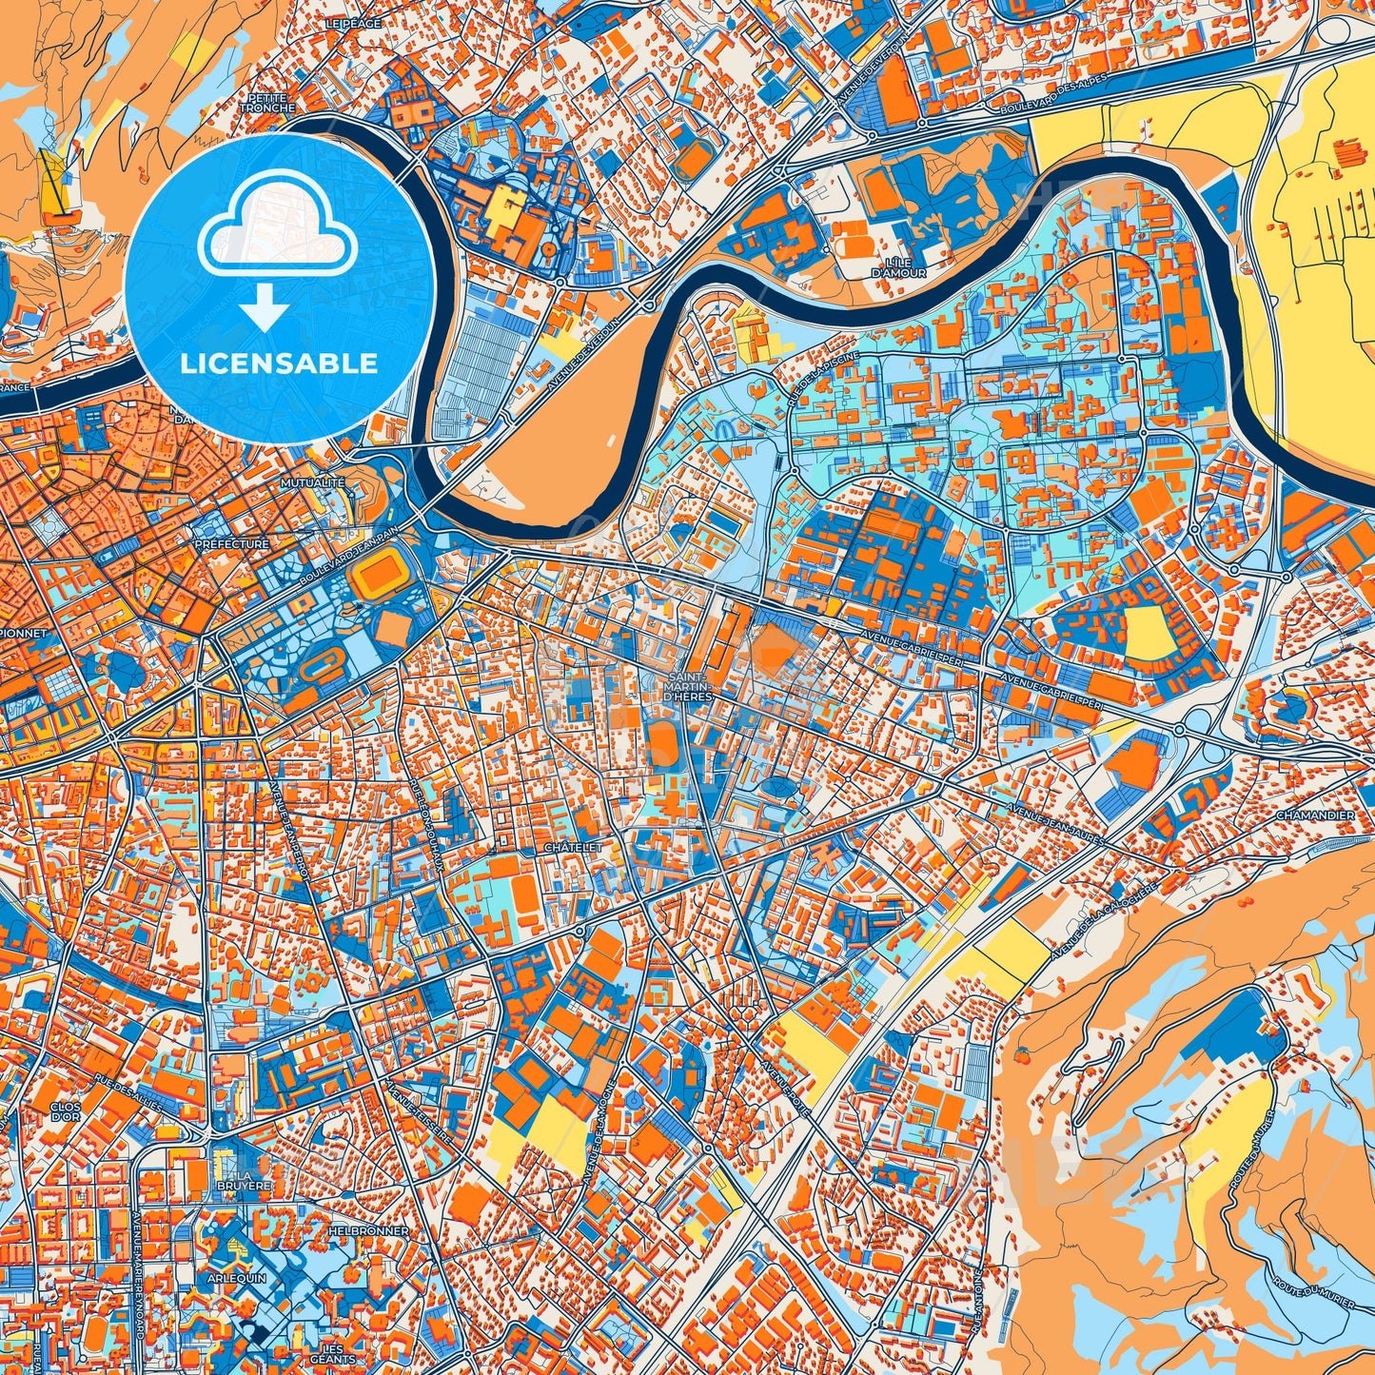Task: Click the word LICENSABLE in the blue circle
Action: point(280,363)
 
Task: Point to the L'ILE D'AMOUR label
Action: point(885,267)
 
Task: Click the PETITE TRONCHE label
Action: point(267,103)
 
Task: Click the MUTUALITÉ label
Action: point(312,483)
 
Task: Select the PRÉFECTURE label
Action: point(231,544)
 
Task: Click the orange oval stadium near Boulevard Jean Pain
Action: point(380,576)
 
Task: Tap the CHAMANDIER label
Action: point(1315,815)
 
